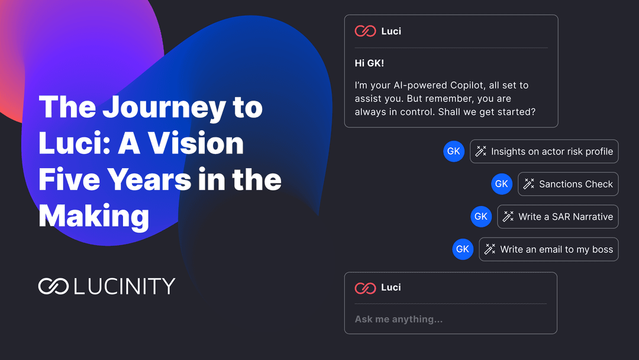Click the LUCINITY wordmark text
tap(124, 287)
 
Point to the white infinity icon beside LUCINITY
tap(54, 287)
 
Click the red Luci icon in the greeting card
tap(365, 31)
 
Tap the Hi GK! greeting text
tap(369, 63)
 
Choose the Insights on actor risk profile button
tap(544, 152)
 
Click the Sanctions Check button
tap(568, 184)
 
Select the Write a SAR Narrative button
tap(558, 217)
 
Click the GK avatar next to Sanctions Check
tap(501, 184)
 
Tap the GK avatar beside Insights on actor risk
tap(453, 152)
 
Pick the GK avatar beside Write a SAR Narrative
tap(481, 217)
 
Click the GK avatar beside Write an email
tap(463, 249)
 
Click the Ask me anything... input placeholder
tap(398, 319)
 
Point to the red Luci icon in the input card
tap(365, 288)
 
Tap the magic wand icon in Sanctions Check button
tap(529, 184)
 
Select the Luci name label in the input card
tap(391, 287)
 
